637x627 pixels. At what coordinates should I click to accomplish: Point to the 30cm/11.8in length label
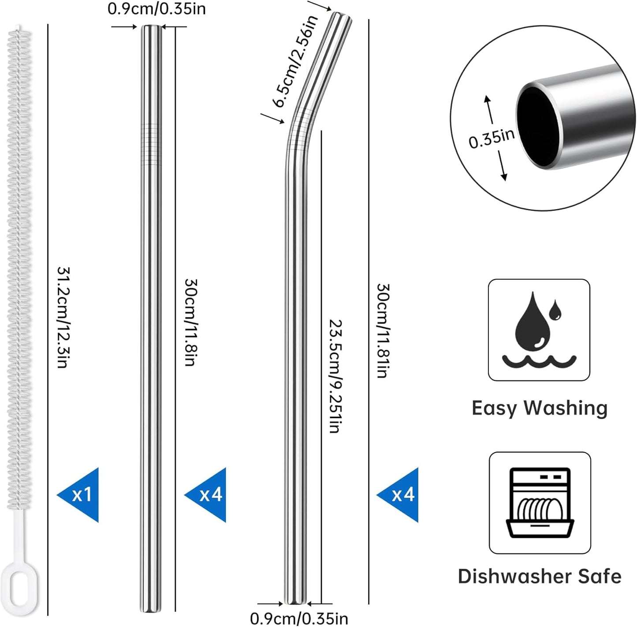190,322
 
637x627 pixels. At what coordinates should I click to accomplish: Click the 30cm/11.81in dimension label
382,330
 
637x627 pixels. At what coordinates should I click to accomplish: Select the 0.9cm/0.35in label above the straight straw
156,9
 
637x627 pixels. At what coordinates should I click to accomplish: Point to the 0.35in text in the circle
492,139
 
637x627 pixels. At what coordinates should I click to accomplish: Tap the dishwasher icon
540,503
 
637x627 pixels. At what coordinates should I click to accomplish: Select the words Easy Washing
539,408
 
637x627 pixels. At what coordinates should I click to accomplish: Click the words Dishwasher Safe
540,576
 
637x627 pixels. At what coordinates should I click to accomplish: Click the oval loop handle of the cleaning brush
20,591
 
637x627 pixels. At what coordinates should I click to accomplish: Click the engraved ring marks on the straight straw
150,141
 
